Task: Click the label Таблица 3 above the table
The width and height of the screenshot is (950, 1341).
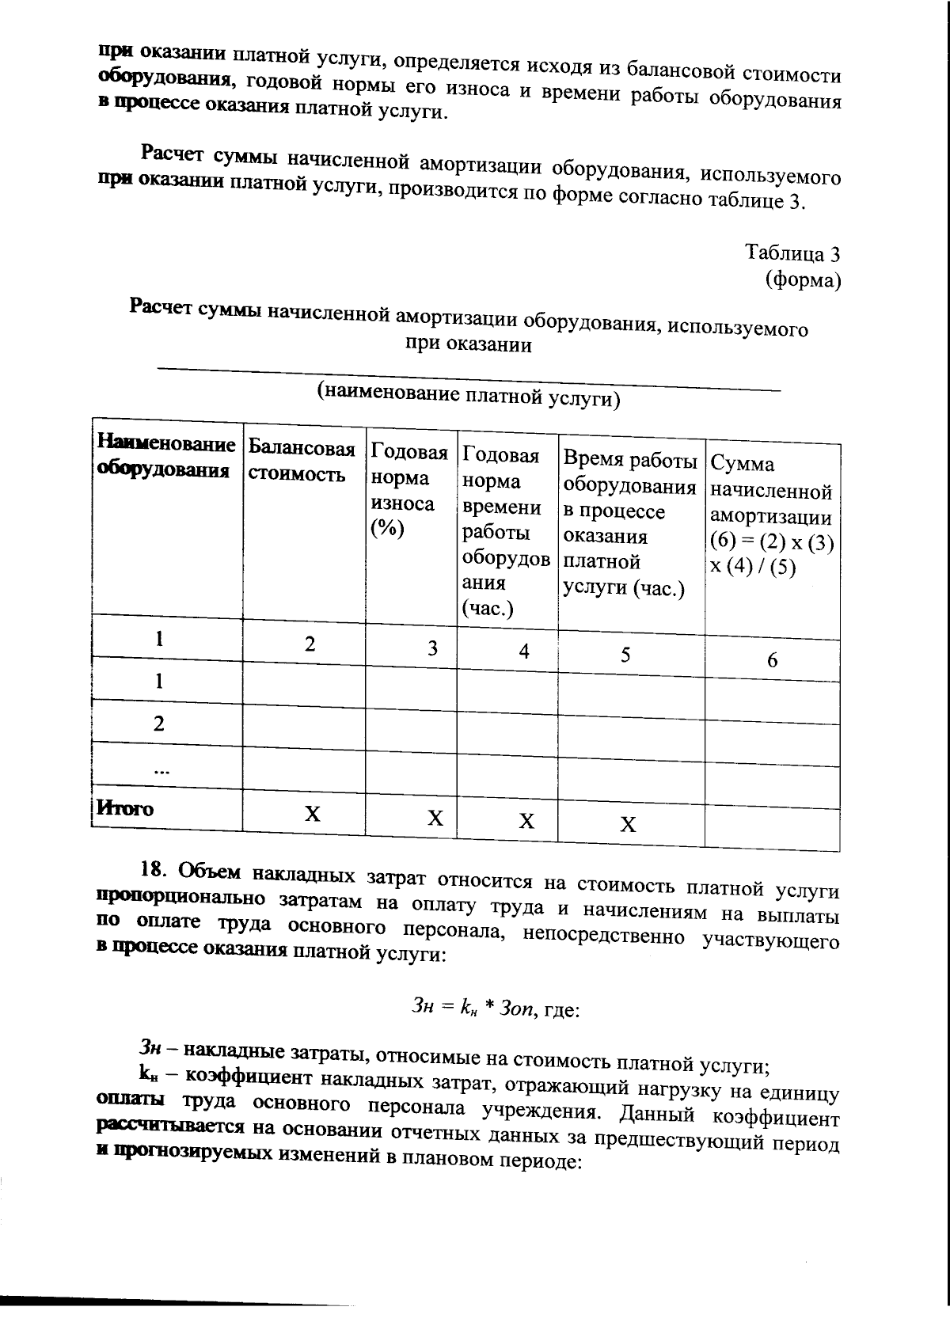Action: coord(792,253)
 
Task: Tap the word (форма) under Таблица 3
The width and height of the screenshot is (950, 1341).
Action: coord(802,279)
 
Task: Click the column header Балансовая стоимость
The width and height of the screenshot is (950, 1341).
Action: coord(301,462)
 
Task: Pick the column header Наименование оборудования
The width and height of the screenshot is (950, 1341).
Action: coord(165,456)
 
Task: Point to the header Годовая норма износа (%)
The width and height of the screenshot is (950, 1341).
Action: coord(408,490)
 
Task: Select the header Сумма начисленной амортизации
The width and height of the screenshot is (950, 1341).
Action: coord(771,515)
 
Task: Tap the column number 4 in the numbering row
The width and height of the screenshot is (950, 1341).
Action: coord(523,652)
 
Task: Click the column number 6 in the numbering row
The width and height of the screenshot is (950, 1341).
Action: coord(772,660)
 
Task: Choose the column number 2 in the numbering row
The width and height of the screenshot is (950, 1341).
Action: coord(310,644)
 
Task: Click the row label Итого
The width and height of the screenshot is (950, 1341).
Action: coord(125,808)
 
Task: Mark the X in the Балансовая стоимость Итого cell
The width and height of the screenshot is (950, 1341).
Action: coord(313,814)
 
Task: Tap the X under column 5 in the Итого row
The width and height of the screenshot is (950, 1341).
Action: coord(627,825)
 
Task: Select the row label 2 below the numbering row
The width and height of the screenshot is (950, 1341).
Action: coord(159,724)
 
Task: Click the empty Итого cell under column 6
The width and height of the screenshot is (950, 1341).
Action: coord(771,829)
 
